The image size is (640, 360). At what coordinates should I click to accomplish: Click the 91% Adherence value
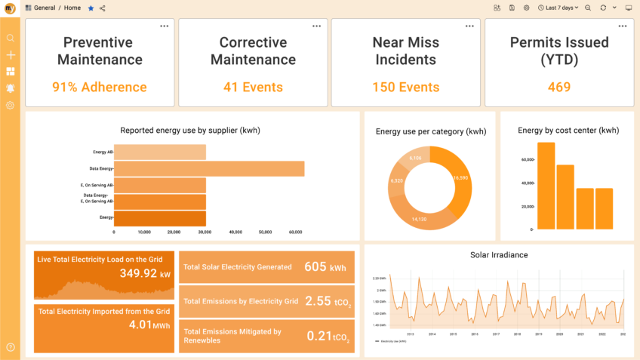[100, 87]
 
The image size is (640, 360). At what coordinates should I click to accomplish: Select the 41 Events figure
[253, 87]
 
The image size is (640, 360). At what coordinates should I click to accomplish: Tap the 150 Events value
[405, 87]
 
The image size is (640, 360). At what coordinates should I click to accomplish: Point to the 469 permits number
[559, 87]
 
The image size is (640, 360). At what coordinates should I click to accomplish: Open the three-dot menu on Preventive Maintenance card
[164, 26]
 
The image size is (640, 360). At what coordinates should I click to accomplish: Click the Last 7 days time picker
[558, 8]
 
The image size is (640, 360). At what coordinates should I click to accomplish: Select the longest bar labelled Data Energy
[209, 168]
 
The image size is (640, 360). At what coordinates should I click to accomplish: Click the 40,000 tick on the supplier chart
[235, 232]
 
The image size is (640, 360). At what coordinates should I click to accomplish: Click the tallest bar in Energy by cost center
[546, 185]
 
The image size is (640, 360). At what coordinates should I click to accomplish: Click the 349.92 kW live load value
[145, 273]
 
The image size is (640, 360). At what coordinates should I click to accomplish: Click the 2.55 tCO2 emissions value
[327, 301]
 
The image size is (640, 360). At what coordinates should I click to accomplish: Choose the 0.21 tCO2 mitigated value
[328, 336]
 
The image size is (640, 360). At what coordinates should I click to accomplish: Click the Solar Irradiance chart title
[498, 255]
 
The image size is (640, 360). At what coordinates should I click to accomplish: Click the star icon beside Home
[91, 8]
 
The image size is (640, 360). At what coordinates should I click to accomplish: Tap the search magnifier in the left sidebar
[11, 38]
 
